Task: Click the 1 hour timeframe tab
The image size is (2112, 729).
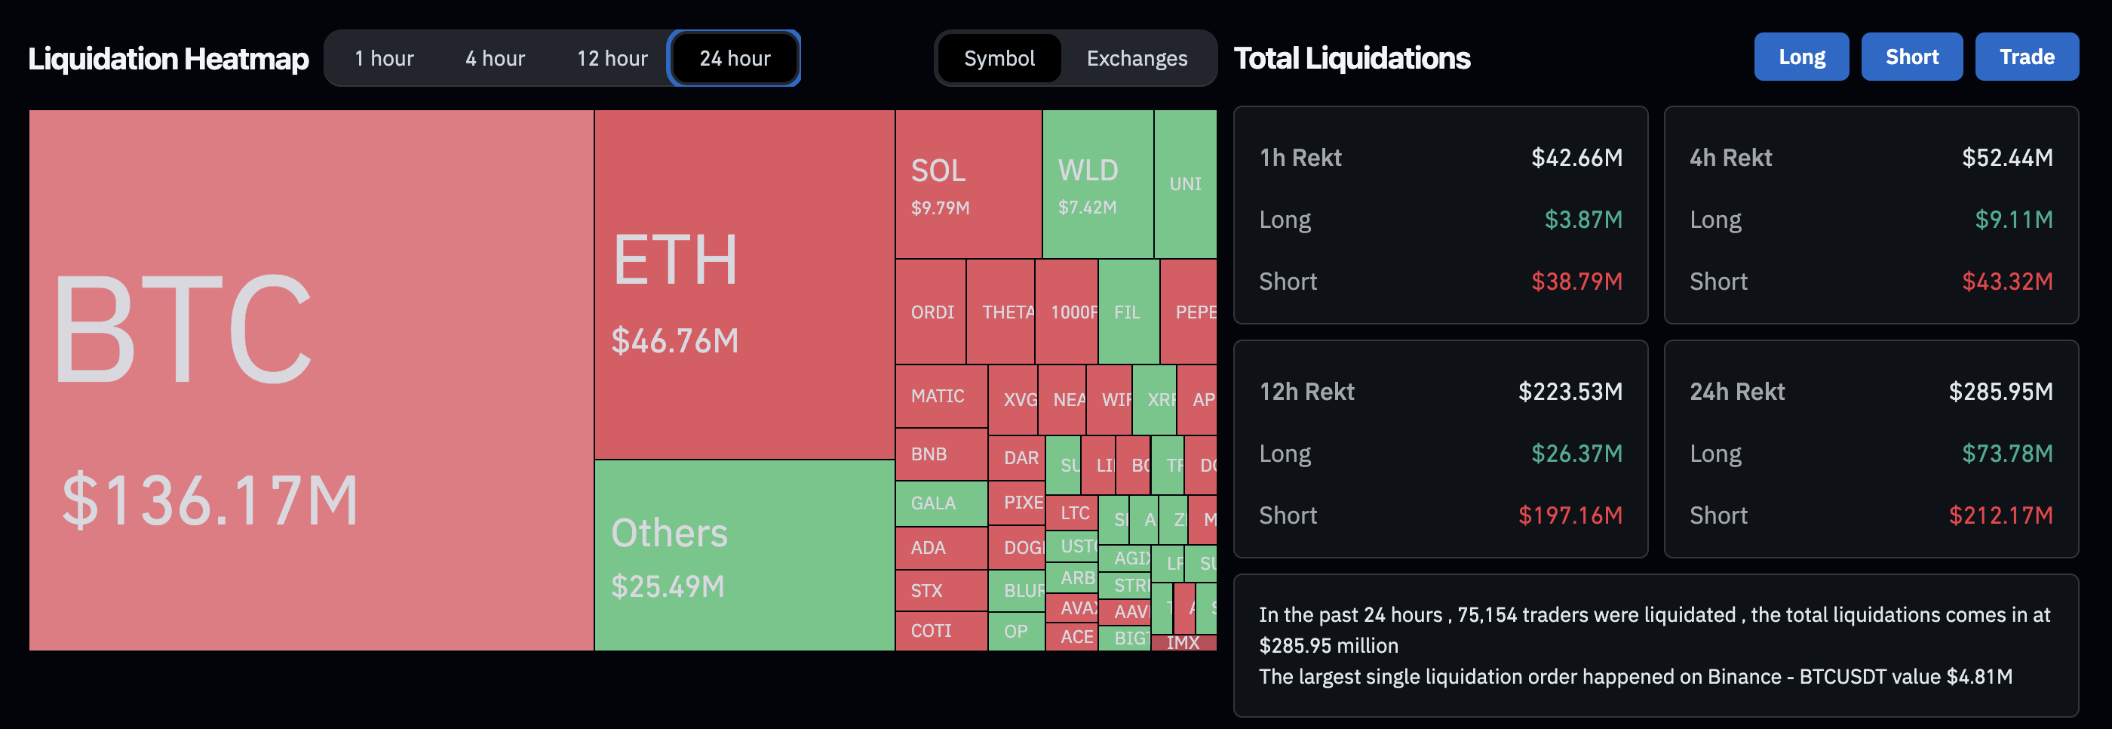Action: [384, 58]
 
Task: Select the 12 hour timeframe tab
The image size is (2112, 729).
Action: [612, 58]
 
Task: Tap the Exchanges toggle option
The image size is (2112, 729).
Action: [1137, 58]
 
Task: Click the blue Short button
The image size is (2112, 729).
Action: [1911, 57]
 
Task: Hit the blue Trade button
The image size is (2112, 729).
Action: [2026, 57]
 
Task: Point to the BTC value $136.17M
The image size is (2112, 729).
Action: [210, 500]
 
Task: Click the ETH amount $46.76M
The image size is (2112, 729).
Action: [675, 341]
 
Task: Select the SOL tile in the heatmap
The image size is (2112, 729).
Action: [968, 184]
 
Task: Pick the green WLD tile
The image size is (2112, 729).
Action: [1096, 184]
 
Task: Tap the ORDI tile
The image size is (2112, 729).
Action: [931, 312]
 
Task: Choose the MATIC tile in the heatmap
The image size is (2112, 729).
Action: [940, 397]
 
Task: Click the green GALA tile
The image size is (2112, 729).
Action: [940, 503]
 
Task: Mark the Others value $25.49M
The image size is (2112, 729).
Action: [668, 586]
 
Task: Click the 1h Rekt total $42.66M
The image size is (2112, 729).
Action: [1576, 158]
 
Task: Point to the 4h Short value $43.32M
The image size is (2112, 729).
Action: [2006, 281]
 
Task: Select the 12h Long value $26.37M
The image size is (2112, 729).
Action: [1576, 454]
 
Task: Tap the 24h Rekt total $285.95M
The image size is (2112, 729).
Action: [2000, 392]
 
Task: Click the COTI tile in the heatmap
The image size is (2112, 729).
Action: [940, 631]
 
